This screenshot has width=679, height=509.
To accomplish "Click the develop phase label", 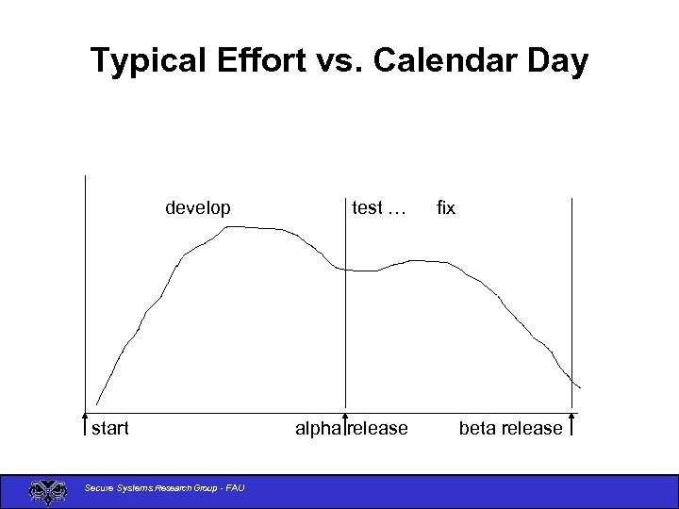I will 197,208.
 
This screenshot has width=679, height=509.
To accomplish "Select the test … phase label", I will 378,208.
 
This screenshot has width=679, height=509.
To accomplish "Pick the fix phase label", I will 445,208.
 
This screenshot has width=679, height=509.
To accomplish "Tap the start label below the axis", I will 110,429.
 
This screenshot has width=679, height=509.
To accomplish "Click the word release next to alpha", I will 379,429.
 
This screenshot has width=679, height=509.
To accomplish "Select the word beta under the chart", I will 479,429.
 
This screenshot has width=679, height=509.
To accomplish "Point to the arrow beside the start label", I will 85,425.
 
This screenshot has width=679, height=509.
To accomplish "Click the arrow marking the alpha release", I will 346,425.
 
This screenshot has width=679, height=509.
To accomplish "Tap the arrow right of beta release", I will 572,425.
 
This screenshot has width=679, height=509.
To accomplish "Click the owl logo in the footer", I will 44,490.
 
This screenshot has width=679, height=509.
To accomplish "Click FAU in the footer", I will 235,487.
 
